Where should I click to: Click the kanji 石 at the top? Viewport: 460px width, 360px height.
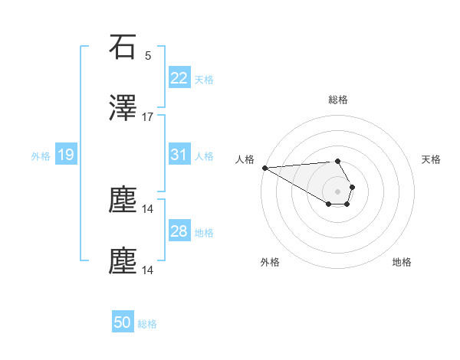123,47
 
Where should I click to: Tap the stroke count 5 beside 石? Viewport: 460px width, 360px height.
148,56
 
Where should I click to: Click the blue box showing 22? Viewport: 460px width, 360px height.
179,78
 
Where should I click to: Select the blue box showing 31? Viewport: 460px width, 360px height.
179,155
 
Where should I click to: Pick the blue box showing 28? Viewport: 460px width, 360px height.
179,231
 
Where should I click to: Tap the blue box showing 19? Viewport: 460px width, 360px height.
65,155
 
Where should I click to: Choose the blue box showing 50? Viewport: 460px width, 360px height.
123,322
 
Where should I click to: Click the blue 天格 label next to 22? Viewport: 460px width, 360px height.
204,79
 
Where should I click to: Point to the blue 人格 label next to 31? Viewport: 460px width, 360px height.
204,155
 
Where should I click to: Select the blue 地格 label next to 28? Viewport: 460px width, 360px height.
204,232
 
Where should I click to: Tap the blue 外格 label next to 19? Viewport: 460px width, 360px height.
41,155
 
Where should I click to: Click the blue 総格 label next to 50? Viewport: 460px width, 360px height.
147,324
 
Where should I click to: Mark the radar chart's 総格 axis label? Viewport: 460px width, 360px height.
338,100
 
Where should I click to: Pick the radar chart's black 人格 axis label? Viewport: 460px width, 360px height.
245,159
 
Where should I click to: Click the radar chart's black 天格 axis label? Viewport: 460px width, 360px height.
432,159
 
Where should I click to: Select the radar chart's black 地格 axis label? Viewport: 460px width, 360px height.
402,262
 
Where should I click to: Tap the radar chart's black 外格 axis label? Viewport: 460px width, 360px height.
270,262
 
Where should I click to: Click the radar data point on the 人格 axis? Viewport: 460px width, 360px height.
264,168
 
